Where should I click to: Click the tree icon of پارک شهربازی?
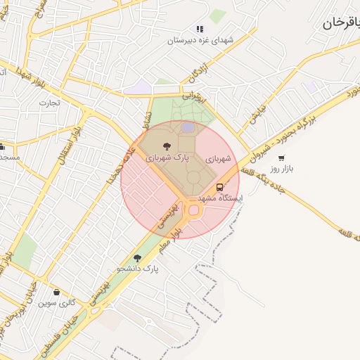(167, 146)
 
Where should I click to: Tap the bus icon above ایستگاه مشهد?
(220, 188)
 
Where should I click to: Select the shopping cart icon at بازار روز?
(281, 158)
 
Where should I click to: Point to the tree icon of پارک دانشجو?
(138, 258)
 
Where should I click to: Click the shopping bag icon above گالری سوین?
(56, 292)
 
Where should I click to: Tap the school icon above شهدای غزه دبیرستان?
(200, 30)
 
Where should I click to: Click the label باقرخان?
(341, 22)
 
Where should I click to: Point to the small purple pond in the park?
(188, 127)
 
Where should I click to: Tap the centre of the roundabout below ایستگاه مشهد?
(193, 210)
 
